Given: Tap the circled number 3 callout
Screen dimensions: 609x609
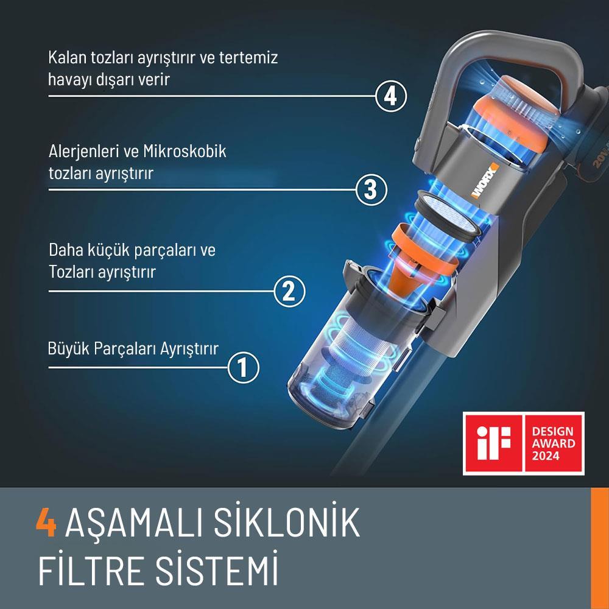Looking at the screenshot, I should click(x=371, y=189).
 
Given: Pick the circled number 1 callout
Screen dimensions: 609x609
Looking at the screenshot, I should click(x=242, y=367).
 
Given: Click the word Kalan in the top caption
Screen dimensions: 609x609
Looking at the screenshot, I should click(x=67, y=58).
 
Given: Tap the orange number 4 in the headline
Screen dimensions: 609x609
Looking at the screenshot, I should click(x=46, y=522).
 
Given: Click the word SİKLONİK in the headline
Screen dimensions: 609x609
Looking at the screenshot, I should click(x=281, y=522).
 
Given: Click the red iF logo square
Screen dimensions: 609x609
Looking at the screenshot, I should click(x=495, y=443).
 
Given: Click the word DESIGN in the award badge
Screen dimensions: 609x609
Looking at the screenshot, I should click(x=552, y=431).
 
